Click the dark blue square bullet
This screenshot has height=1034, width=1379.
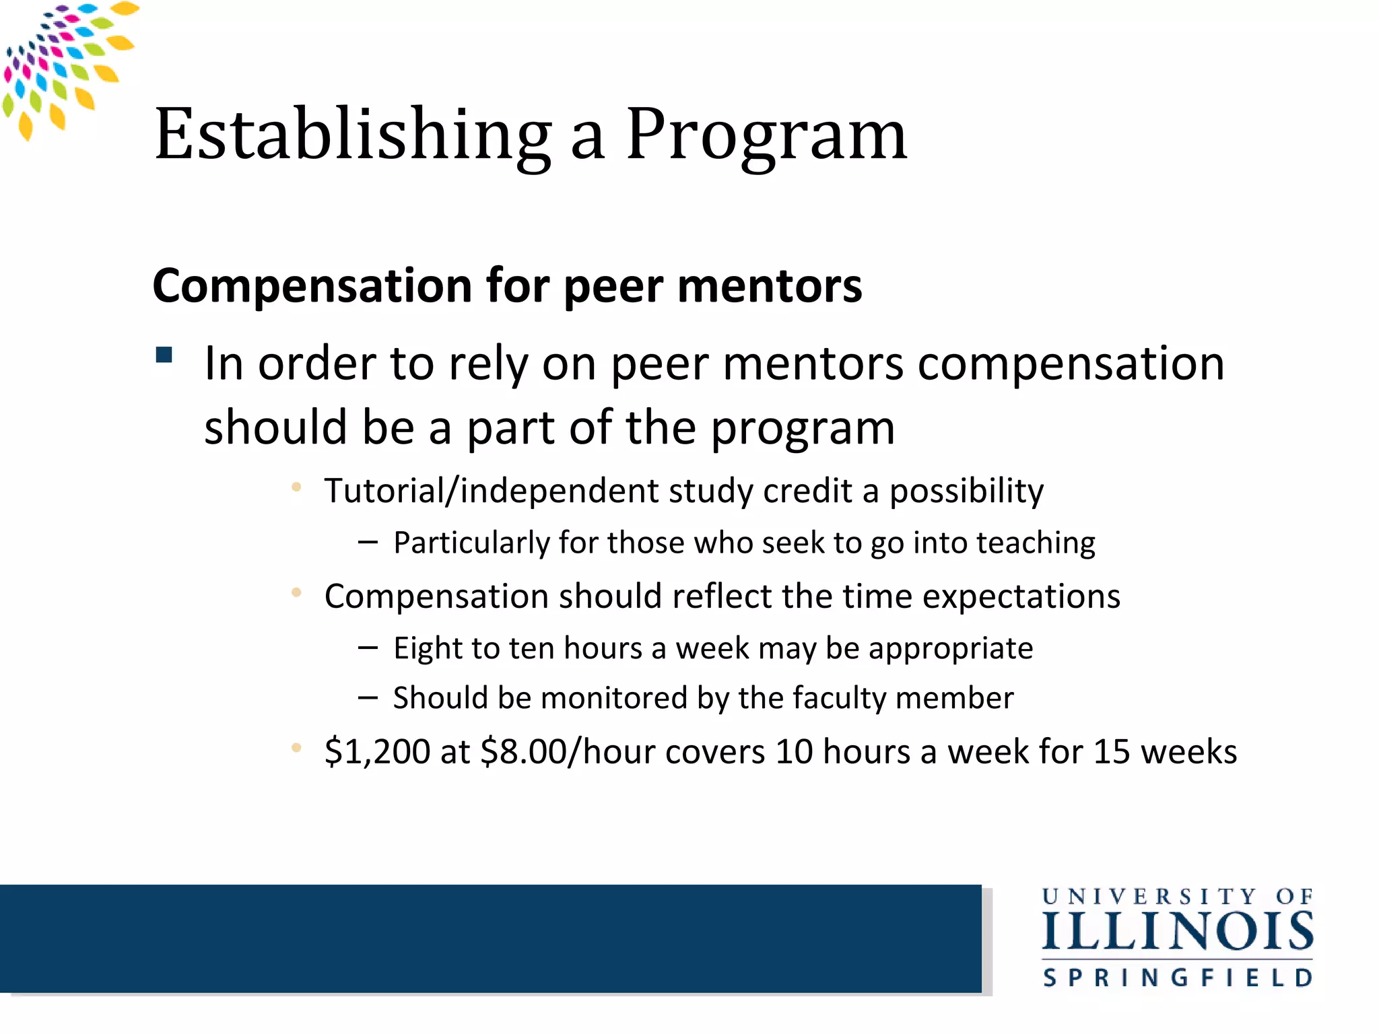point(164,355)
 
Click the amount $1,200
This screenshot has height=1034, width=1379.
point(376,751)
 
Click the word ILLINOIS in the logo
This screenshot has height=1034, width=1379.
point(1178,932)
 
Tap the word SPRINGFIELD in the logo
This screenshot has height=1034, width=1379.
point(1178,977)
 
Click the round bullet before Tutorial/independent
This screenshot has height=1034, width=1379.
point(296,487)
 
